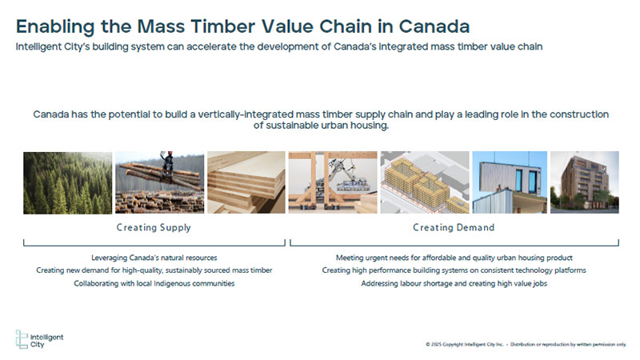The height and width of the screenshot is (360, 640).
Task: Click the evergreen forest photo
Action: pos(67,183)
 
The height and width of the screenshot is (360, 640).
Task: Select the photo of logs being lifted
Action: pos(159,182)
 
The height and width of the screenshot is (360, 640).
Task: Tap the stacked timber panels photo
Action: pos(246,182)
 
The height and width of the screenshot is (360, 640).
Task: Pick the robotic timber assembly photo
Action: pos(333,182)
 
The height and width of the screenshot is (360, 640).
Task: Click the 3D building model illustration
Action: pos(425,182)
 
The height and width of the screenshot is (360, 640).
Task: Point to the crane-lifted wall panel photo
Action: pos(510,182)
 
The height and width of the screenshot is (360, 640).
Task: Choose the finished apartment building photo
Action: pos(585,182)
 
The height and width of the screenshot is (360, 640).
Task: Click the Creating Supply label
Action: pos(154,228)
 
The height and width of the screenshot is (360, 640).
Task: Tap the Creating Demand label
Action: pos(454,227)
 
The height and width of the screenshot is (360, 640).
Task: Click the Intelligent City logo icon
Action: pos(22,339)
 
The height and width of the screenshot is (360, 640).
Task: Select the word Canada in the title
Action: pos(434,26)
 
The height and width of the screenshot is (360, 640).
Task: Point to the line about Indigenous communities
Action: pos(154,283)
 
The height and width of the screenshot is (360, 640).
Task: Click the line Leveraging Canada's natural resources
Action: pos(154,258)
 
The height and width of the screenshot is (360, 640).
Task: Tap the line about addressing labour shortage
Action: pos(454,283)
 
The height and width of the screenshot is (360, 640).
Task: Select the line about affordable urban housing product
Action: pos(454,258)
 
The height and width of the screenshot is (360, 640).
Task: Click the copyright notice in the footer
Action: pos(526,345)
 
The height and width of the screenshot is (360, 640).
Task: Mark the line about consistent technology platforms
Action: pos(454,270)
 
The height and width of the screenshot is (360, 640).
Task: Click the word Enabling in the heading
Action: pos(55,27)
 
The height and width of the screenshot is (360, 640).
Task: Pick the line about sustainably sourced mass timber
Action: pos(154,270)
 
